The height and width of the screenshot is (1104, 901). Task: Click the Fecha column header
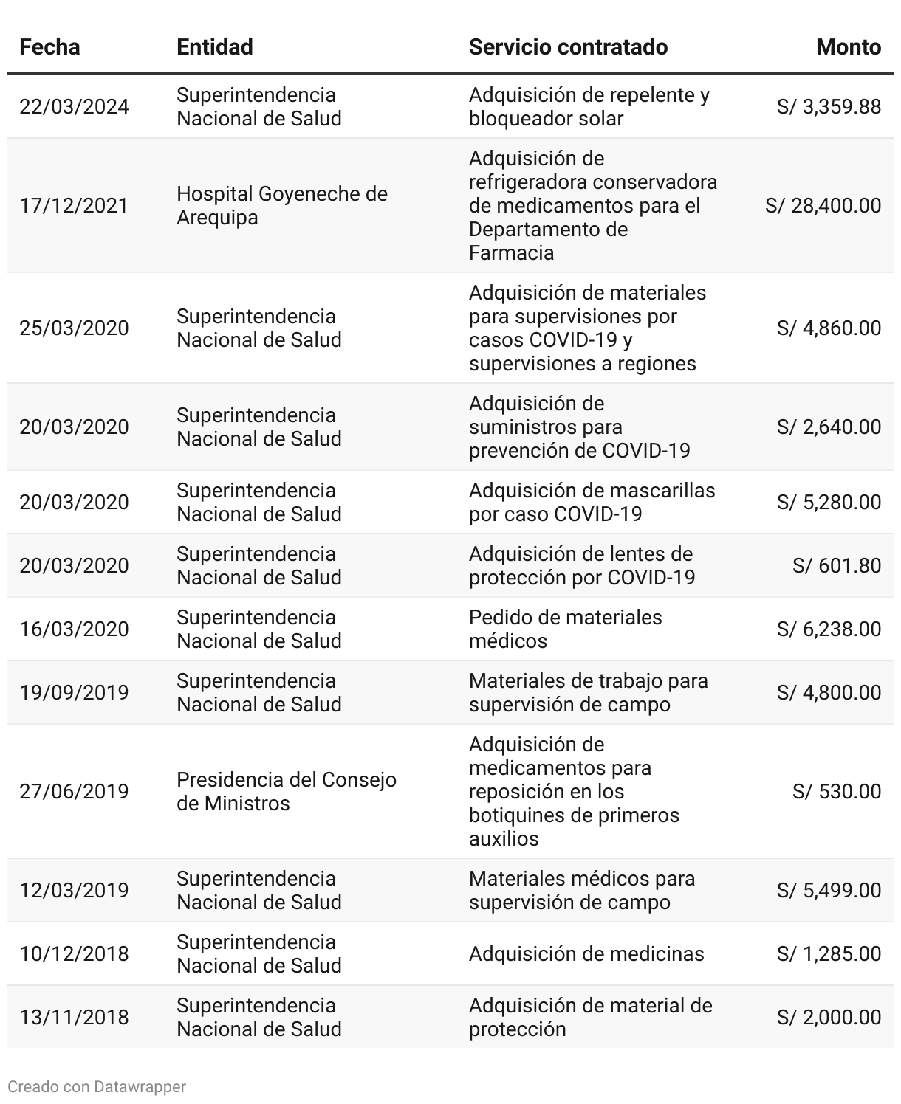click(49, 47)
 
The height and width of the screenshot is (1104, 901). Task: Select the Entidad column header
click(215, 47)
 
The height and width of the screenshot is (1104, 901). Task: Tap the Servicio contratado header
click(568, 47)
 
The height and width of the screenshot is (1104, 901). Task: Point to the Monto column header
click(848, 47)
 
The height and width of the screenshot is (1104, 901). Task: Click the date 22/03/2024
click(74, 107)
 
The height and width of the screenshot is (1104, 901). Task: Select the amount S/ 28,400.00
click(823, 205)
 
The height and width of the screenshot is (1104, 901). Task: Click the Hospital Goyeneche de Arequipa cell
click(281, 205)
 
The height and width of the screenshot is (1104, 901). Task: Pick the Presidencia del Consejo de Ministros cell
click(286, 791)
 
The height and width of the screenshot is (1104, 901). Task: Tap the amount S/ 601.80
click(836, 565)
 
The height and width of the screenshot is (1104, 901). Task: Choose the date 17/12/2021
click(74, 205)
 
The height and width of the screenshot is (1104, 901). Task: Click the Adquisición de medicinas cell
click(586, 953)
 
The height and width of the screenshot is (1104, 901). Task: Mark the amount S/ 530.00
click(836, 791)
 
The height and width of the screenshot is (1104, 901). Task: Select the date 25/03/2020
click(74, 328)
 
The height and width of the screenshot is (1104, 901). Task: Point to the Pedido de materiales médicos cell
click(565, 629)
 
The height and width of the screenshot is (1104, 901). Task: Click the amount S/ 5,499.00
click(829, 890)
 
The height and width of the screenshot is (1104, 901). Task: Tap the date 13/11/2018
click(74, 1017)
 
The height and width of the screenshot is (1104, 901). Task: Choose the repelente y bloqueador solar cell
click(589, 107)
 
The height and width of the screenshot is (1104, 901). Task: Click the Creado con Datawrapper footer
click(97, 1086)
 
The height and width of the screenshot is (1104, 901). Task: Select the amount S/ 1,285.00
click(829, 953)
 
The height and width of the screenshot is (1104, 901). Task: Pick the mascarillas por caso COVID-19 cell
click(592, 502)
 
